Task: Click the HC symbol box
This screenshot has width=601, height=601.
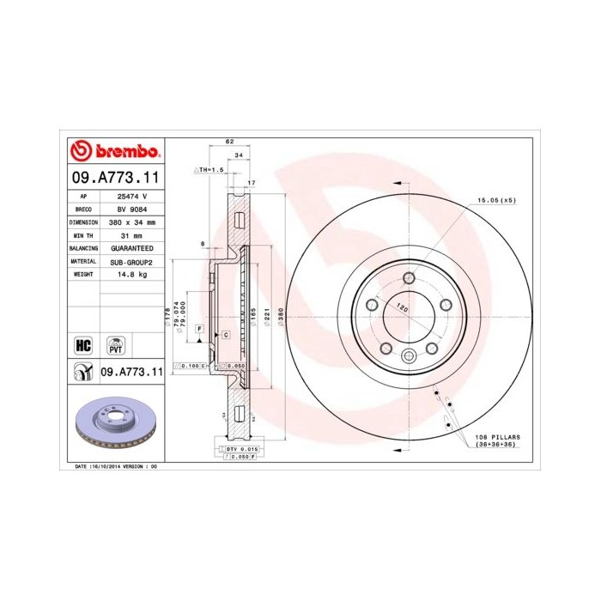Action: (x=84, y=345)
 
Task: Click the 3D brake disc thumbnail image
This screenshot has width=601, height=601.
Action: (x=115, y=425)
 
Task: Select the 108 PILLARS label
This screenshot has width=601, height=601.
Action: (x=498, y=437)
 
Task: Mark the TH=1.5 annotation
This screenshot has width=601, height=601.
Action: (x=209, y=171)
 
